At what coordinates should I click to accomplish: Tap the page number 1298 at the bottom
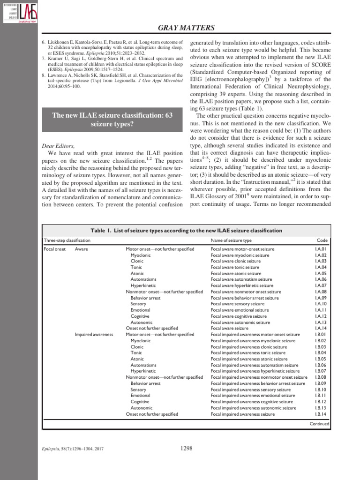pyautogui.click(x=187, y=449)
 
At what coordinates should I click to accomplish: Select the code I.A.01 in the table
pyautogui.click(x=321, y=249)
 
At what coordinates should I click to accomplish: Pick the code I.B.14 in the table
pyautogui.click(x=321, y=414)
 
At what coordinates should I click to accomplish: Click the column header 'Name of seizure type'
pyautogui.click(x=231, y=240)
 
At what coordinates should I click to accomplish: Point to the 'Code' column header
pyautogui.click(x=322, y=240)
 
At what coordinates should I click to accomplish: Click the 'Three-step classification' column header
pyautogui.click(x=67, y=240)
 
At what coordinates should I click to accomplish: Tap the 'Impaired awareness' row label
pyautogui.click(x=94, y=334)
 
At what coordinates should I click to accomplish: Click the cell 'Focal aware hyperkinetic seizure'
pyautogui.click(x=242, y=285)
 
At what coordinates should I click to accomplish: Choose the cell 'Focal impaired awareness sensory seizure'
pyautogui.click(x=251, y=390)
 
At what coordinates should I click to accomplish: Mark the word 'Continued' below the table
pyautogui.click(x=319, y=424)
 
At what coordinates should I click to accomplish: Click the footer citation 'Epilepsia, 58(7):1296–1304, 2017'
pyautogui.click(x=73, y=449)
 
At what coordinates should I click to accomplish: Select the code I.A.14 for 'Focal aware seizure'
pyautogui.click(x=321, y=328)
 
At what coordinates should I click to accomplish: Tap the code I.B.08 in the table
pyautogui.click(x=321, y=377)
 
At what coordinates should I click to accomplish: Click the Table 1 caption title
pyautogui.click(x=186, y=230)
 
